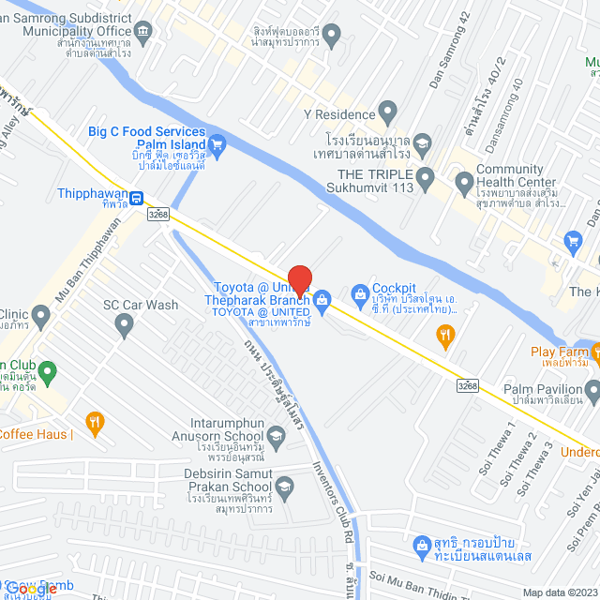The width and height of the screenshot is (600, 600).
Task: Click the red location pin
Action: (299, 279)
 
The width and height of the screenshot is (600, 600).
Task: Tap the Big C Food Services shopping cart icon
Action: (217, 143)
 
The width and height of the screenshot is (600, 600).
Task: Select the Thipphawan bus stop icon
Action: (137, 198)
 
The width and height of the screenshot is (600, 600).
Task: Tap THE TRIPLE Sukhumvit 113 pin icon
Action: (425, 175)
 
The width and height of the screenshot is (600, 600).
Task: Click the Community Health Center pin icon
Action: (463, 180)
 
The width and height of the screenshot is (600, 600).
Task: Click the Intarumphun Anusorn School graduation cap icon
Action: (276, 435)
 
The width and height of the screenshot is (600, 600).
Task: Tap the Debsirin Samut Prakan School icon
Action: (285, 485)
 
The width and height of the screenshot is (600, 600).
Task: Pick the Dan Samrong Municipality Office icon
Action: (142, 35)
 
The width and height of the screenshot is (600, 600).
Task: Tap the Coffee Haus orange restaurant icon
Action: (94, 421)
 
